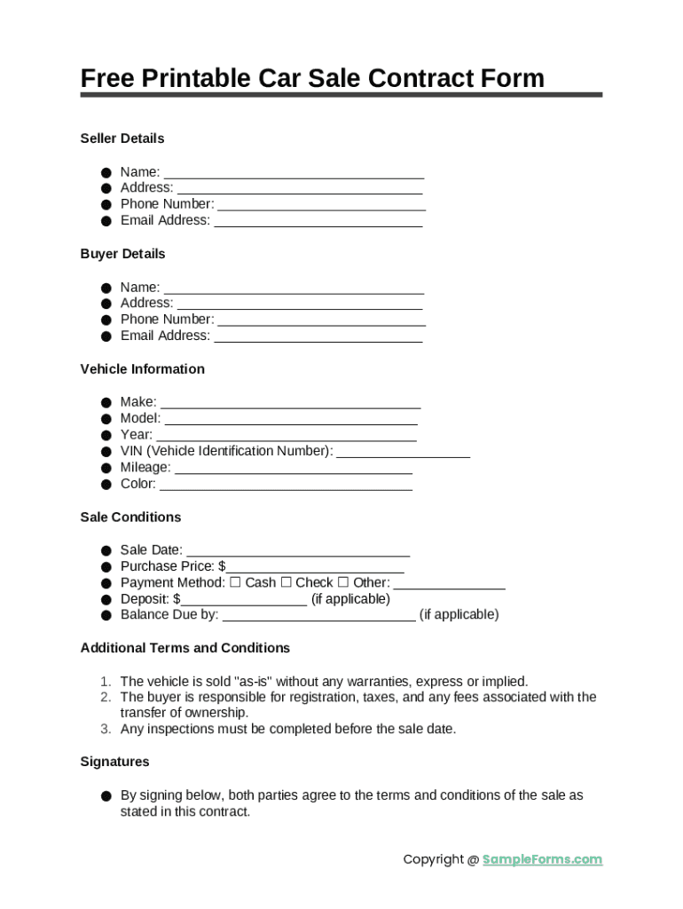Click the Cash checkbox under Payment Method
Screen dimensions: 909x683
pos(235,582)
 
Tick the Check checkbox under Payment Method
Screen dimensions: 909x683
pos(286,582)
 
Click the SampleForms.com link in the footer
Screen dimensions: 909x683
pos(542,858)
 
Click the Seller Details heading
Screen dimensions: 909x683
pos(122,138)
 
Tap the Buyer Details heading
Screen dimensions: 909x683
pos(122,254)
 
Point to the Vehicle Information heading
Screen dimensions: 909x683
pos(142,369)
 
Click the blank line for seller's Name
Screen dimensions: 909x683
pos(294,173)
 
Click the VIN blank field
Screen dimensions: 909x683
pos(403,453)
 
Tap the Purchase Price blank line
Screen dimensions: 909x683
pos(315,568)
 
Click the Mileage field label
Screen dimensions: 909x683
pos(145,468)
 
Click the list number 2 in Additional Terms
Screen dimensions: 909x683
pos(105,698)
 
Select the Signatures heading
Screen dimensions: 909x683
pos(114,762)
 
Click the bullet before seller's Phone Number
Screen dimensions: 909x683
pos(106,205)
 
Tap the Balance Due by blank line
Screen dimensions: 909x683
pos(318,617)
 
